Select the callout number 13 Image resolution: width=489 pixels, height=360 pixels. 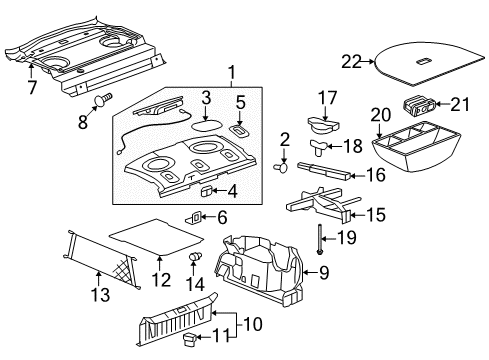[98, 295]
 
